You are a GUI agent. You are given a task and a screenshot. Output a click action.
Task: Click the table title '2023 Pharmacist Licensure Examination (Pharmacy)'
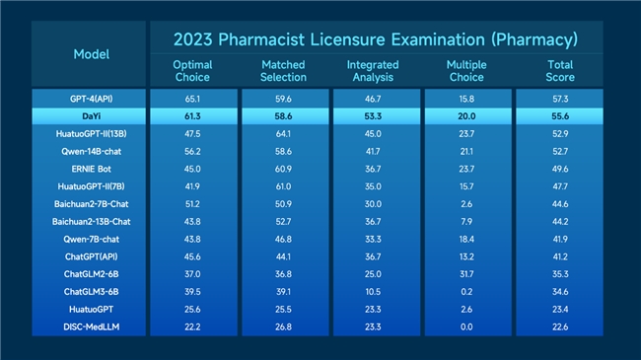click(376, 39)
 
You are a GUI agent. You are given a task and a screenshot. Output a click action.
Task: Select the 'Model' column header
click(91, 54)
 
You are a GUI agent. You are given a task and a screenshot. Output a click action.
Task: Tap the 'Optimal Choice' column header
click(192, 71)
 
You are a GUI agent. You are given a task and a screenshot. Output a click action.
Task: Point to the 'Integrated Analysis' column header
click(373, 71)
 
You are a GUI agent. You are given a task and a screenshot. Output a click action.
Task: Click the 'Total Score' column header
click(560, 71)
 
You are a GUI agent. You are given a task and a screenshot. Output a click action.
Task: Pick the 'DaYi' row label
click(91, 116)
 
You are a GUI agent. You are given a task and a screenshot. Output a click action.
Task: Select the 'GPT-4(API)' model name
click(91, 99)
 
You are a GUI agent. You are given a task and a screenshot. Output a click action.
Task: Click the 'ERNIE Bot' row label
click(91, 169)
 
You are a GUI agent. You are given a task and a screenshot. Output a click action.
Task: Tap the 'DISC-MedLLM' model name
click(91, 326)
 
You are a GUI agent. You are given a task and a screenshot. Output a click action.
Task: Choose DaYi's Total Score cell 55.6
click(560, 116)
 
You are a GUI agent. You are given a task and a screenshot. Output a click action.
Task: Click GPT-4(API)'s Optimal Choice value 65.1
click(192, 99)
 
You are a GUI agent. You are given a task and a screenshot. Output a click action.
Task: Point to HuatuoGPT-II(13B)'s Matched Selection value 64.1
click(283, 134)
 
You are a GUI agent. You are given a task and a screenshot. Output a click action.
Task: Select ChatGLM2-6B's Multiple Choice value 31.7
click(466, 274)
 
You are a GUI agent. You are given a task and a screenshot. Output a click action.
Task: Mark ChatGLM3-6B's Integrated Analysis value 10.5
click(373, 292)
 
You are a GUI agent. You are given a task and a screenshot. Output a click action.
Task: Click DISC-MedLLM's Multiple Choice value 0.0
click(466, 326)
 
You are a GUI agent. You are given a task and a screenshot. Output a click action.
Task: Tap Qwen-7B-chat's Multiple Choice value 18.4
click(466, 239)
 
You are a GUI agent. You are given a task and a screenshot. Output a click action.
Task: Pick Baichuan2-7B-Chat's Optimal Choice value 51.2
click(192, 204)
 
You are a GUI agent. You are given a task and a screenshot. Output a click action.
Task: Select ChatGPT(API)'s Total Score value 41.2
click(560, 256)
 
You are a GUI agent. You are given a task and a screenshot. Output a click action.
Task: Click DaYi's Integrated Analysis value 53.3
click(373, 116)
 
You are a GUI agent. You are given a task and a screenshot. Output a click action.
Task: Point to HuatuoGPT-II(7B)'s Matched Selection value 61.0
click(283, 186)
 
